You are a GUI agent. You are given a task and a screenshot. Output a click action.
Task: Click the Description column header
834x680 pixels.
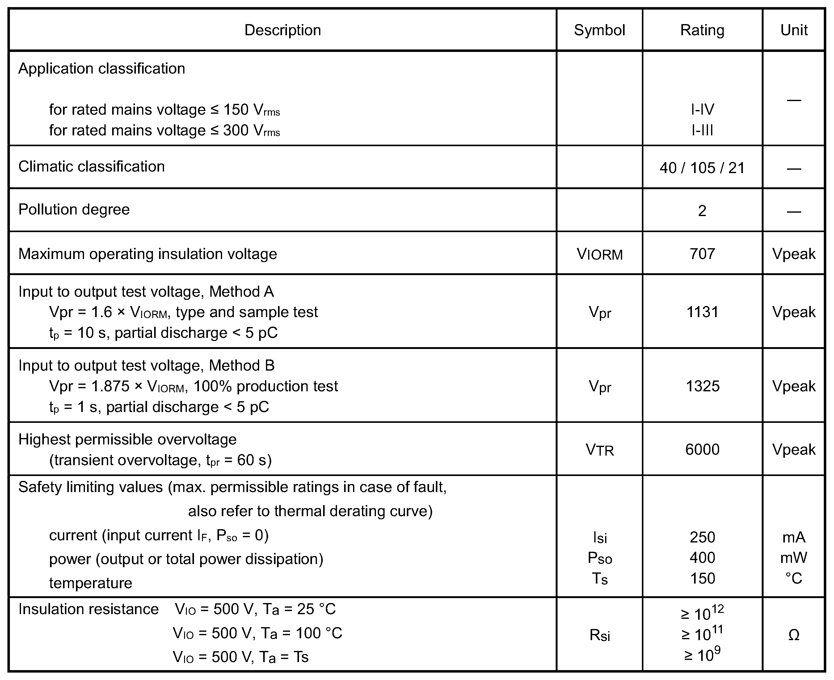(x=283, y=30)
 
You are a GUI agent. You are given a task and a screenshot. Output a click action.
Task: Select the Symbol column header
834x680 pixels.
(x=599, y=30)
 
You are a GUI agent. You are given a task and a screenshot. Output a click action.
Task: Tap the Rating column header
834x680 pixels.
(x=702, y=30)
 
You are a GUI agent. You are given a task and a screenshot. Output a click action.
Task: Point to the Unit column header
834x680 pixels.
(x=794, y=30)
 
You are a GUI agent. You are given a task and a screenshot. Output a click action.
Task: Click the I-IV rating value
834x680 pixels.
(x=702, y=110)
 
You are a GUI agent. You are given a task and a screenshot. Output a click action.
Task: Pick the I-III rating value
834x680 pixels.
(x=702, y=130)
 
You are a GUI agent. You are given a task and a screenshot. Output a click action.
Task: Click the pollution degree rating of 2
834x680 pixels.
(x=702, y=211)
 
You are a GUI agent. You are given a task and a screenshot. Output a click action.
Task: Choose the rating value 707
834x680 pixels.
(x=702, y=254)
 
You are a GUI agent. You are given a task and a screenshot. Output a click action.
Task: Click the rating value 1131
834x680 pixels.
(x=702, y=312)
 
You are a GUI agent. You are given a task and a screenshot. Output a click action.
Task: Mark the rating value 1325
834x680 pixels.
(x=702, y=386)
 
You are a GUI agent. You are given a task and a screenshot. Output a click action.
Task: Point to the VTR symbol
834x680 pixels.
(x=600, y=450)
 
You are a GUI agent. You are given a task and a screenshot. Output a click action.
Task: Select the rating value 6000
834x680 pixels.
(x=702, y=449)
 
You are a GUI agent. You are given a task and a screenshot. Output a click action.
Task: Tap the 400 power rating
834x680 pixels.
(x=702, y=558)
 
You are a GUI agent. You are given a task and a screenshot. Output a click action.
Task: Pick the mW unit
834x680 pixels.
(x=794, y=558)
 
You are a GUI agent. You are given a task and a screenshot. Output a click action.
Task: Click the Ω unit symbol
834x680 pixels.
(x=794, y=635)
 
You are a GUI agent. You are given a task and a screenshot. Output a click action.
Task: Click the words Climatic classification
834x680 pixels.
(x=91, y=167)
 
